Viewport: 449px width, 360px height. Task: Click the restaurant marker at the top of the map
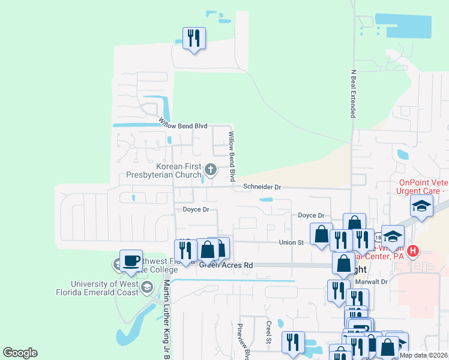[x=194, y=38]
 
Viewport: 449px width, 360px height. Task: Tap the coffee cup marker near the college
[x=131, y=261]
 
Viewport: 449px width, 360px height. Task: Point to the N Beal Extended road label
[x=354, y=94]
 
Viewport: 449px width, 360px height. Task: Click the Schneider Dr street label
[x=262, y=187]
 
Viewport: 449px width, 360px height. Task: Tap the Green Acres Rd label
[x=227, y=265]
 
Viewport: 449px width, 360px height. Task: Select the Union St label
[x=292, y=242]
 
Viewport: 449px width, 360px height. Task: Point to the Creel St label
[x=269, y=332]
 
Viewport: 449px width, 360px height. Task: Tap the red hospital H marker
[x=412, y=250]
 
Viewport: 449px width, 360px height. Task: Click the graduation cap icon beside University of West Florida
[x=146, y=289]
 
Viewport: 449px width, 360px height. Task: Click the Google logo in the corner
[x=20, y=353]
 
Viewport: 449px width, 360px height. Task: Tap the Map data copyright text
[x=423, y=355]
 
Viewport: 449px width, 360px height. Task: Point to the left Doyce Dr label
[x=196, y=209]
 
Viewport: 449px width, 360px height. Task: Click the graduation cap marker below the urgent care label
[x=422, y=206]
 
